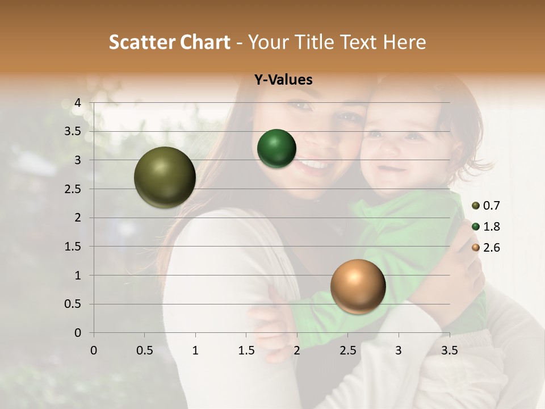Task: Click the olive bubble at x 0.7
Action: [165, 177]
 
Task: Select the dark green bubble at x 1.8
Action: [276, 149]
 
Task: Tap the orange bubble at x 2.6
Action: [358, 286]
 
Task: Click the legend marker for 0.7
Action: [476, 206]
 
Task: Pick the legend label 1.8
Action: [492, 227]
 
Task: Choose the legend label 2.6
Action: [492, 248]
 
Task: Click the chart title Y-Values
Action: [283, 80]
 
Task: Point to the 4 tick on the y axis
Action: [78, 103]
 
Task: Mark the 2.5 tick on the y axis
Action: [73, 189]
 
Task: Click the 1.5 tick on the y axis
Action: [73, 247]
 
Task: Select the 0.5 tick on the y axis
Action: [73, 304]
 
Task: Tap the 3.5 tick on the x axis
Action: [450, 350]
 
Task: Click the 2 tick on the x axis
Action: [297, 350]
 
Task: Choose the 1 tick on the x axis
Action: [195, 350]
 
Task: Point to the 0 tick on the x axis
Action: [94, 350]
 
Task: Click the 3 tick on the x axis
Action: [399, 350]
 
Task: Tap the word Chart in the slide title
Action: [206, 42]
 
